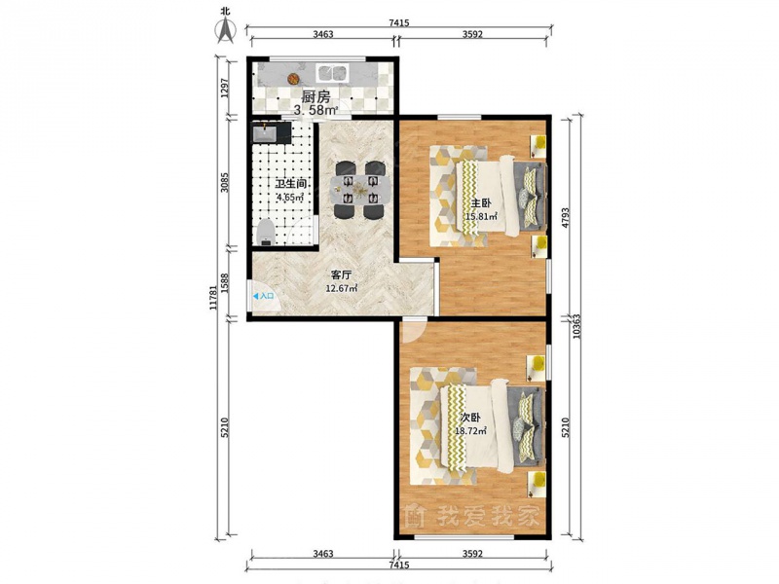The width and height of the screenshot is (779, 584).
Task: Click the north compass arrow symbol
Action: pos(226,29)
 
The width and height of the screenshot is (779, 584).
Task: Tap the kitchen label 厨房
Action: pos(315,96)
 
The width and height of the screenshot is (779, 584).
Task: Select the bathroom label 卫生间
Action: pos(290,184)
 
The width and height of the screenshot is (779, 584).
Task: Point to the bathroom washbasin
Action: pos(265,133)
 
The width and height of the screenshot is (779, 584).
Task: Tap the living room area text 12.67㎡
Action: pos(342,288)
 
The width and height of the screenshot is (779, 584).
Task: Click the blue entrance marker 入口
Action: pos(263,296)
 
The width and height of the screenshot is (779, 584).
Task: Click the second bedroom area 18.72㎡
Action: pos(470,431)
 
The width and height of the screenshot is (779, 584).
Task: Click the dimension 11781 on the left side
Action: pos(212,298)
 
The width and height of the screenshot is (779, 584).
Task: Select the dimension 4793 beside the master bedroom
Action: pos(565,217)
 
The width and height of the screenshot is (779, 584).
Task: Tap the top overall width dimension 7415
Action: pos(399,22)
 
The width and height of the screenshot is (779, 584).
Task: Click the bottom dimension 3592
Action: pos(472,554)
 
